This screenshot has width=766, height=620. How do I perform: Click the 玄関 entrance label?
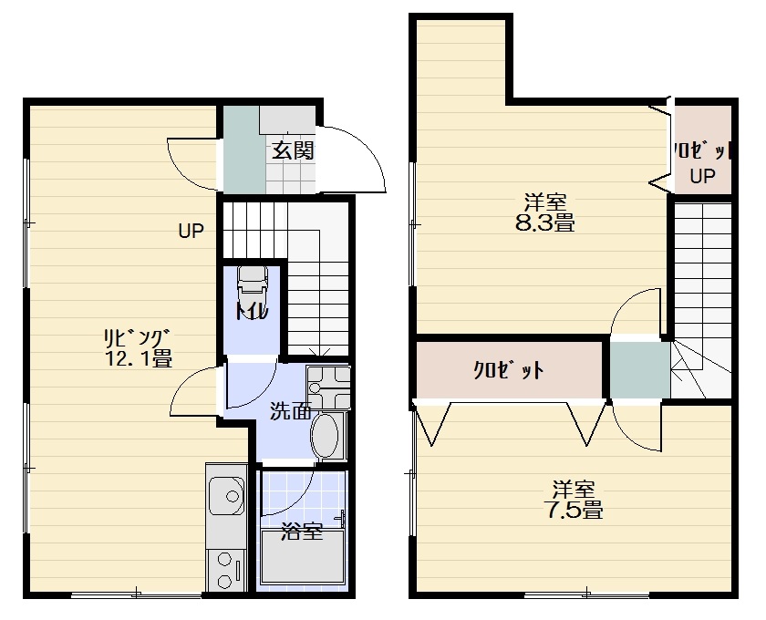(x=293, y=150)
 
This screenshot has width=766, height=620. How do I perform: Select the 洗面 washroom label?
(x=291, y=412)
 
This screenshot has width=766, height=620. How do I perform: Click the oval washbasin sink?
(x=325, y=436)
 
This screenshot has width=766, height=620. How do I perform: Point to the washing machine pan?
(x=328, y=387)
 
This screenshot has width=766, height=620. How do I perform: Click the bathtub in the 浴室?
(x=302, y=557)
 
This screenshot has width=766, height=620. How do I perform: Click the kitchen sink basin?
(x=226, y=496)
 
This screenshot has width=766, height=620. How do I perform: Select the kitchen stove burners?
(x=225, y=570)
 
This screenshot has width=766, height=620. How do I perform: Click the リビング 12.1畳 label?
(x=139, y=348)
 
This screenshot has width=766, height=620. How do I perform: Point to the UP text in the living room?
(x=191, y=231)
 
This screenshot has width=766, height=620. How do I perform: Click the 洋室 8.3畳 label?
(x=545, y=212)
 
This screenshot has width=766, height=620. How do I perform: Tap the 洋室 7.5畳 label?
(x=574, y=500)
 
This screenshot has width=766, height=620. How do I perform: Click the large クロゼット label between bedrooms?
(x=509, y=370)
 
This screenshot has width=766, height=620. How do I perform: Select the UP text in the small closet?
(x=703, y=176)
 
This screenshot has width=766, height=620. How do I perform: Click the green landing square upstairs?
(x=640, y=369)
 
